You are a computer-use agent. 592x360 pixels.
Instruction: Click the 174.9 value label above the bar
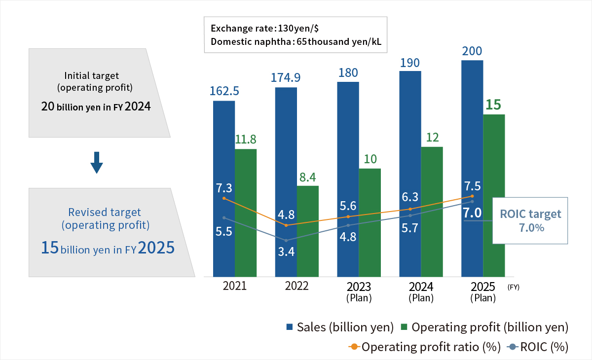point(286,77)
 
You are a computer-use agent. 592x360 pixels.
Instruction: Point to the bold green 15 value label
point(494,105)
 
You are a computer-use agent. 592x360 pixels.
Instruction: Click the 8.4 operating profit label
point(308,176)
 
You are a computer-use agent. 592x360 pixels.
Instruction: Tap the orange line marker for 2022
point(286,225)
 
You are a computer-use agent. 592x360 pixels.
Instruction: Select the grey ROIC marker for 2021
point(224,217)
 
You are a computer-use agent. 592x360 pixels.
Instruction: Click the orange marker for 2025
point(473,196)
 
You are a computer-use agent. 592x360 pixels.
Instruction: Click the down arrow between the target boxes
point(97,162)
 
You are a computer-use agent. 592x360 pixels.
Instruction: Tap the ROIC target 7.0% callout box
point(530,220)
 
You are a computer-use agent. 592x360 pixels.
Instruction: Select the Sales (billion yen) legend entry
point(340,327)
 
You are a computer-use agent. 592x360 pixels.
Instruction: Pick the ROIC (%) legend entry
point(538,347)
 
